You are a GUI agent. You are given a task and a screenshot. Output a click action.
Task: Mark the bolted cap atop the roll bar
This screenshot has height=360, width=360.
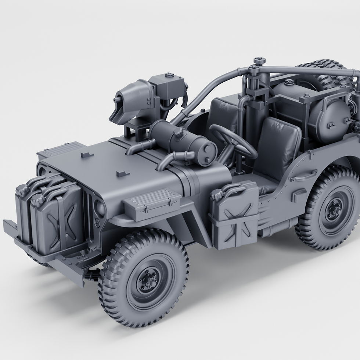[259, 61]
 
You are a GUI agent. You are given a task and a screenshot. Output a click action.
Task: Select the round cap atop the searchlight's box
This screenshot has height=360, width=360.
[169, 75]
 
